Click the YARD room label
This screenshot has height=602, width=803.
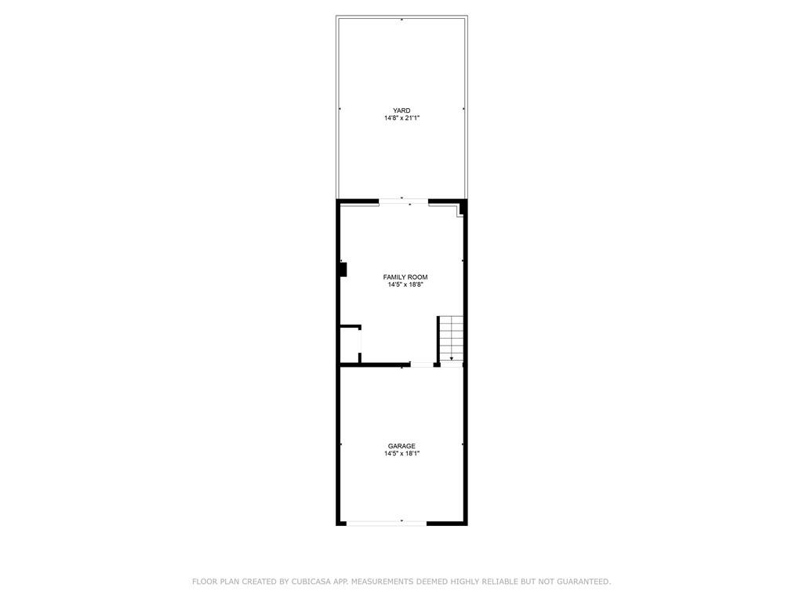click(x=401, y=111)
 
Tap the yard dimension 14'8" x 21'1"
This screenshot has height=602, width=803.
click(x=402, y=118)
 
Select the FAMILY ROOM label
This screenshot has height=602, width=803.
click(x=405, y=277)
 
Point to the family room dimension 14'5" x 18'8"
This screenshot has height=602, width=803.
click(x=405, y=285)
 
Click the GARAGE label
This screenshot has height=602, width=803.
click(x=401, y=446)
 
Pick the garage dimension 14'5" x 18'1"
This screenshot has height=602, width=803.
click(x=402, y=454)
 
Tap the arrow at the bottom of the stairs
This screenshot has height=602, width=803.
click(x=451, y=357)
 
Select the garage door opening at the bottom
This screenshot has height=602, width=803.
click(x=387, y=523)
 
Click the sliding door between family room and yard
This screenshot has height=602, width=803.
click(x=404, y=201)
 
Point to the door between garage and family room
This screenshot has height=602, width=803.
click(x=422, y=364)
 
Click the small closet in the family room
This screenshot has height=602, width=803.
click(x=350, y=345)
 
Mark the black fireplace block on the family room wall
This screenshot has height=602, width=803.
click(x=343, y=270)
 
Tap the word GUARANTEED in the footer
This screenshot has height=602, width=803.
click(x=583, y=582)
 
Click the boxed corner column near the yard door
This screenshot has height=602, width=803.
click(x=460, y=209)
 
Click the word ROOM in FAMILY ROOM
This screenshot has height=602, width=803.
click(x=418, y=277)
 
